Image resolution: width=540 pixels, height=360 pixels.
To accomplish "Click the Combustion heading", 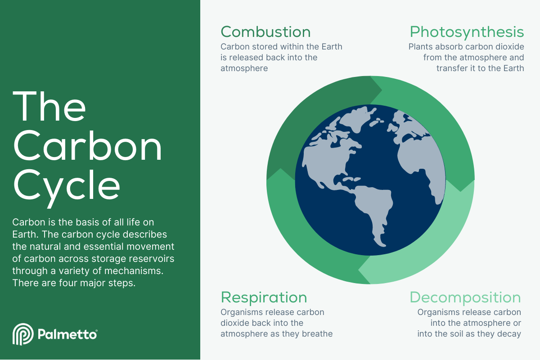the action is pyautogui.click(x=265, y=32).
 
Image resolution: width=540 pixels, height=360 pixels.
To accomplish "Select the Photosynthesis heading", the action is pyautogui.click(x=467, y=32).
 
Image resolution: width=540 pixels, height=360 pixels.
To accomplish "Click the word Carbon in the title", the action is pyautogui.click(x=87, y=145).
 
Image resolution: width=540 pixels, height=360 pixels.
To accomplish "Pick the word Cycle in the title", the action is pyautogui.click(x=67, y=187).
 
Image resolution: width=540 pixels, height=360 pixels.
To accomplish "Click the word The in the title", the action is pyautogui.click(x=49, y=106).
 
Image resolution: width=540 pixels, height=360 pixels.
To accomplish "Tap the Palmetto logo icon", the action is pyautogui.click(x=23, y=334).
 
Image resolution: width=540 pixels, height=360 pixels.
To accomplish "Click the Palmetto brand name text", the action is pyautogui.click(x=67, y=335).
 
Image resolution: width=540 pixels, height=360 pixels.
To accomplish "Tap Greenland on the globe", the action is pyautogui.click(x=357, y=119).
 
